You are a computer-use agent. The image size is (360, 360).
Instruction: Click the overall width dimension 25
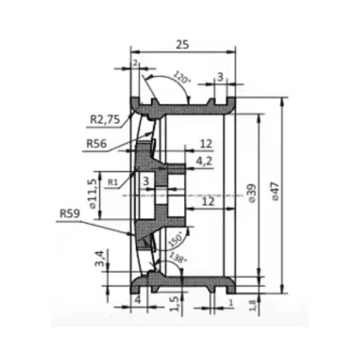[x=182, y=45]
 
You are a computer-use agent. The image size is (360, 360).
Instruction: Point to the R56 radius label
[x=97, y=143]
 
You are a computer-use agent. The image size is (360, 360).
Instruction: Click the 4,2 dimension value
[x=204, y=161]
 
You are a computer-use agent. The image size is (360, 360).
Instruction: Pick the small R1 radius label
[x=112, y=183]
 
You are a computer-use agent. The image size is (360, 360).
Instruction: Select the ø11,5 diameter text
[x=92, y=195]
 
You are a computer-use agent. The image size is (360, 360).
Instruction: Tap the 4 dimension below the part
[x=136, y=299]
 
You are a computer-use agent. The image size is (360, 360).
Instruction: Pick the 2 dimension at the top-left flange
[x=135, y=63]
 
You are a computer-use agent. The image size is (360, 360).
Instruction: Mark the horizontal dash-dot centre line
[x=216, y=196]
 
